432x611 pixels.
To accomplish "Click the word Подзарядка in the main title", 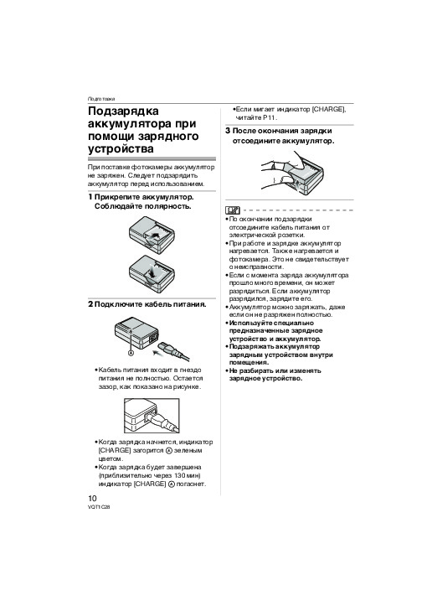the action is point(123,111).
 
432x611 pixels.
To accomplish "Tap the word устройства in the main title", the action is point(121,148).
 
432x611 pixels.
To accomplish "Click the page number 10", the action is point(92,498).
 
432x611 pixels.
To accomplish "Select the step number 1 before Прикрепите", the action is point(90,197).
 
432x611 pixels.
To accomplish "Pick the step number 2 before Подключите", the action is point(90,304).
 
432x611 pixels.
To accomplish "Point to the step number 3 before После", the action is point(228,131).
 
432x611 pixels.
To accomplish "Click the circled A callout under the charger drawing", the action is point(131,353).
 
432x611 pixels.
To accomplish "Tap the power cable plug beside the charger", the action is point(172,349).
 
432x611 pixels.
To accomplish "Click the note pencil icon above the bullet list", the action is point(233,210).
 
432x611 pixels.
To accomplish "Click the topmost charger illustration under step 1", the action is point(152,235).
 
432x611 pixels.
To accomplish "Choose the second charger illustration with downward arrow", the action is point(152,275).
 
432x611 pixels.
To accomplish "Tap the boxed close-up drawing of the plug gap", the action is point(152,416).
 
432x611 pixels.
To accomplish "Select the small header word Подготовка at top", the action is point(101,99).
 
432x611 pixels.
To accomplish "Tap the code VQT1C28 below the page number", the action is point(99,507).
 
